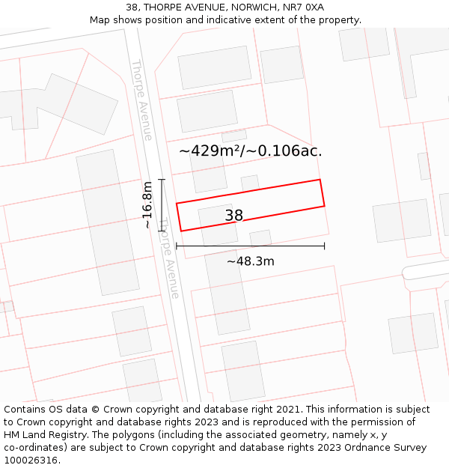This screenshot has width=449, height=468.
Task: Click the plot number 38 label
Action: pos(234,216)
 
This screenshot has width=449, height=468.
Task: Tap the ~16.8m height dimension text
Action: pos(147,204)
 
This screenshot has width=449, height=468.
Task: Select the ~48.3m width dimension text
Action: pos(250,261)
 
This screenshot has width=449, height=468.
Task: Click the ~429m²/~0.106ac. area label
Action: pos(250,151)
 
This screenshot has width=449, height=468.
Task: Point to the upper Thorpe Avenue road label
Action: pos(141,100)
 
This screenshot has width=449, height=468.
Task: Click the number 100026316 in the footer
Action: pos(31,461)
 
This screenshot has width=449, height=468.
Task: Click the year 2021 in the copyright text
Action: pos(288,410)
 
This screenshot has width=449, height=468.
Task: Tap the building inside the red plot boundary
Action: pos(217,225)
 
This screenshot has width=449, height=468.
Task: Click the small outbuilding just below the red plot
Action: pos(260,238)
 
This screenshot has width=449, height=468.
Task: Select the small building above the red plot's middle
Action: pos(250,183)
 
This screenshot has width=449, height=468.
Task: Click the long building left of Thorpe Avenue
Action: pos(107,222)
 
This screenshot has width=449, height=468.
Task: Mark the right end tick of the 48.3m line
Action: pos(325,246)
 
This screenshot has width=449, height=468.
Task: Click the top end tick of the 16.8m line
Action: pos(162,180)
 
